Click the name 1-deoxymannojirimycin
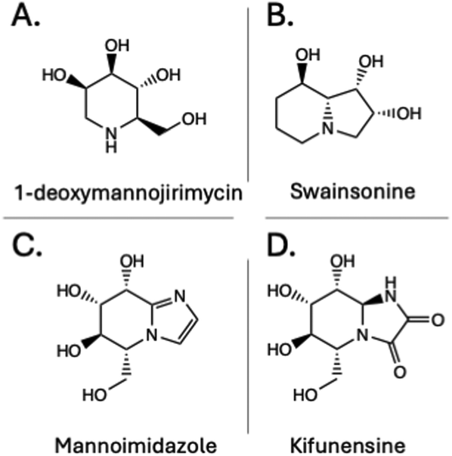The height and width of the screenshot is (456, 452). [128, 193]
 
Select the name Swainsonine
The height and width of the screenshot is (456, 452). [353, 191]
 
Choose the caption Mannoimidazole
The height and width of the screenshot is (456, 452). [136, 445]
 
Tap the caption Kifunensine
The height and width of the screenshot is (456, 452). [348, 445]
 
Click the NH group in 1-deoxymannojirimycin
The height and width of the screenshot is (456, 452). [111, 141]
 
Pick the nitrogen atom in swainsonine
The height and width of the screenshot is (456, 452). [328, 129]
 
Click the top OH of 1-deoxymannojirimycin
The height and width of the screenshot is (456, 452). [117, 45]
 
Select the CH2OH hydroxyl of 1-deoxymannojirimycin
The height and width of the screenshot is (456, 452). [194, 119]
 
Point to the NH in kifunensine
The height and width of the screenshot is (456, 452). [390, 290]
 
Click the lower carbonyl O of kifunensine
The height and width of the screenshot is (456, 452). [400, 372]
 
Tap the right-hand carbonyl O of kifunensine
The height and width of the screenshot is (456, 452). [438, 320]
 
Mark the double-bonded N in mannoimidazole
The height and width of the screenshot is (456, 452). [179, 296]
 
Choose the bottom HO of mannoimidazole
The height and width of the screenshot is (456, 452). [94, 395]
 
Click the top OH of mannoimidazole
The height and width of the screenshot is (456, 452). [132, 261]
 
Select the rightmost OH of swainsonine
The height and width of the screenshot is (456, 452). [409, 113]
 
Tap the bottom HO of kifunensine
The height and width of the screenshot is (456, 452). [305, 395]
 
